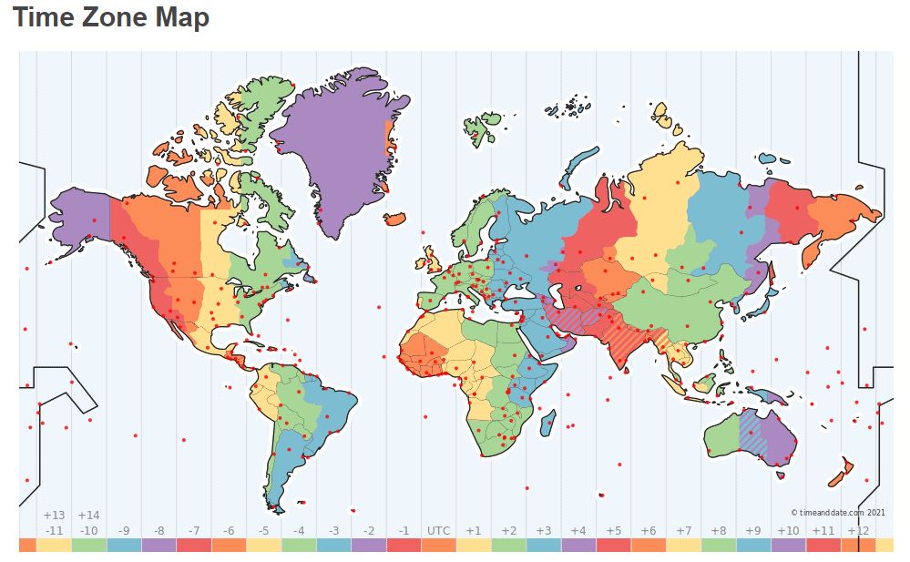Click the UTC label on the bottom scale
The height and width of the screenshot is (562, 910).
point(438,531)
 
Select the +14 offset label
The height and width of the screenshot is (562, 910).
point(88,516)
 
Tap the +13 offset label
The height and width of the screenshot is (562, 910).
point(54,516)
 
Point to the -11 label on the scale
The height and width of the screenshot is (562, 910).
point(54,531)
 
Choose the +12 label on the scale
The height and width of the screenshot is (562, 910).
point(857,531)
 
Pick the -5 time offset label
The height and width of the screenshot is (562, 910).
point(263,531)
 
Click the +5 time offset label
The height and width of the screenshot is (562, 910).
point(613,531)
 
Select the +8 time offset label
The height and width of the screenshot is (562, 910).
point(718,531)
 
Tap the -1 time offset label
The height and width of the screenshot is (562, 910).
point(404,531)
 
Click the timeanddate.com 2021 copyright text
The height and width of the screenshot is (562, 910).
point(837,512)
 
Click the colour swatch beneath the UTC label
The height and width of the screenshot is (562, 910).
point(438,545)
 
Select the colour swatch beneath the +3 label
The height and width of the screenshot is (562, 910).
point(543,545)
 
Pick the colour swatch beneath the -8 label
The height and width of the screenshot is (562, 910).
point(158,545)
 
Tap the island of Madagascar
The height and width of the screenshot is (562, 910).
point(547,423)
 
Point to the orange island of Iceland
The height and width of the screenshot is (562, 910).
point(394,219)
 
